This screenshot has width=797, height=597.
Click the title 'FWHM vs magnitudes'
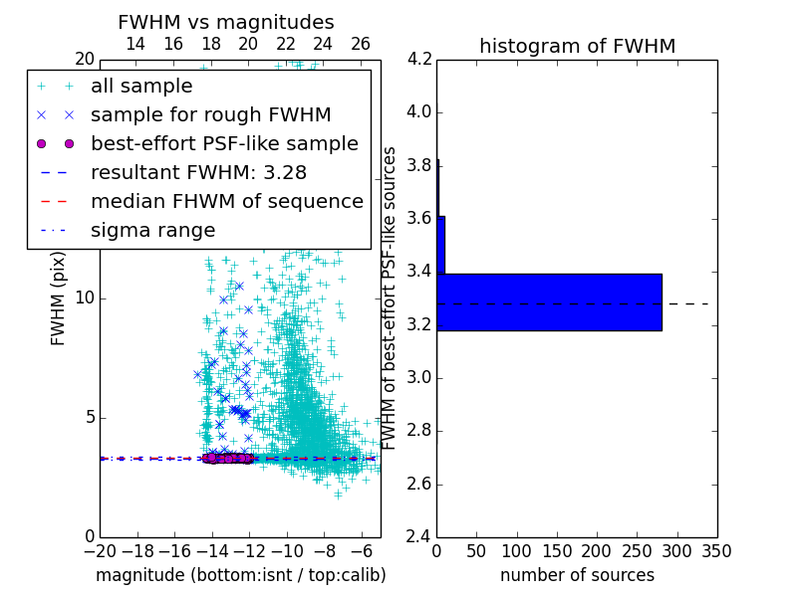tap(226, 22)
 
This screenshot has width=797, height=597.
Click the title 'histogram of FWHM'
tap(577, 46)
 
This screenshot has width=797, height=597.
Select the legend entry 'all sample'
tap(141, 87)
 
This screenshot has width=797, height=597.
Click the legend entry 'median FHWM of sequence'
tap(226, 201)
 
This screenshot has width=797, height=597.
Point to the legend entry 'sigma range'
tap(152, 230)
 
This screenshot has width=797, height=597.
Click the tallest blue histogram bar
tap(549, 301)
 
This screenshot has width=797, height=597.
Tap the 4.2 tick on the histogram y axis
tap(419, 59)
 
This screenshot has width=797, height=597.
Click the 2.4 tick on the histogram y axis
tap(419, 537)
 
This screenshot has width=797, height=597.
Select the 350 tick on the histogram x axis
tap(717, 551)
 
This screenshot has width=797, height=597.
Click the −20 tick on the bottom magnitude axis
tap(100, 551)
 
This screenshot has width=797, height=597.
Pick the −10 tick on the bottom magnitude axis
tap(287, 551)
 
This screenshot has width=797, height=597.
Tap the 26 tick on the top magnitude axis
tap(361, 44)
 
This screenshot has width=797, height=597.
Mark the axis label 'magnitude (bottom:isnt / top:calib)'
tap(240, 575)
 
